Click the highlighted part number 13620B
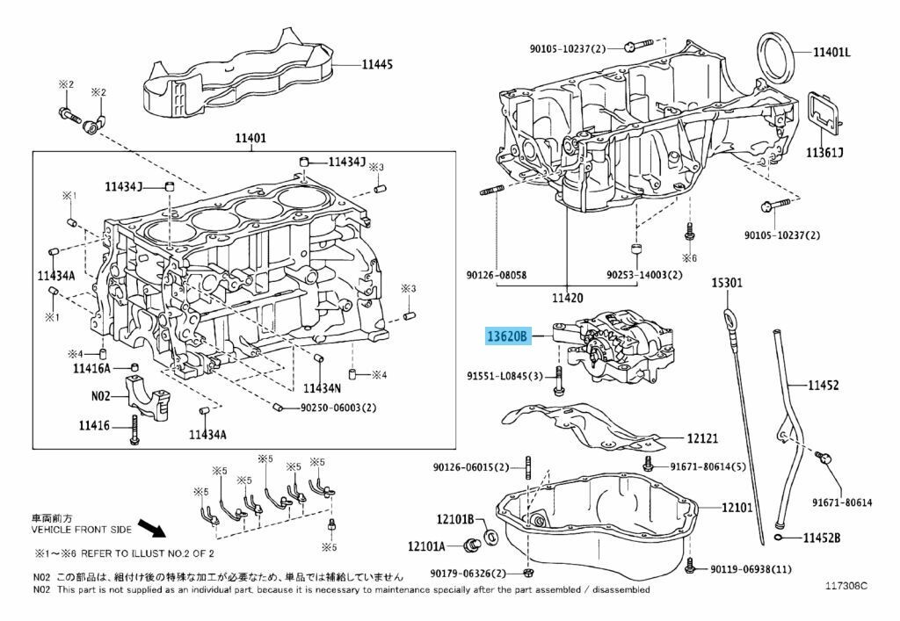pyautogui.click(x=508, y=336)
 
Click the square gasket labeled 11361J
pyautogui.click(x=822, y=114)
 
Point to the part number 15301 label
pyautogui.click(x=727, y=283)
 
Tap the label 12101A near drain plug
pyautogui.click(x=427, y=546)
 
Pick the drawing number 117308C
pyautogui.click(x=846, y=584)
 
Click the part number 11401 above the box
pyautogui.click(x=250, y=139)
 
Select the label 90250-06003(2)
pyautogui.click(x=338, y=408)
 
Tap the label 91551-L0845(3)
pyautogui.click(x=504, y=377)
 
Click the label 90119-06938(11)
pyautogui.click(x=751, y=570)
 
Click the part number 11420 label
pyautogui.click(x=567, y=298)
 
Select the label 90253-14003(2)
pyautogui.click(x=643, y=275)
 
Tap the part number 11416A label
pyautogui.click(x=91, y=368)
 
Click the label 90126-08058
pyautogui.click(x=497, y=275)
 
